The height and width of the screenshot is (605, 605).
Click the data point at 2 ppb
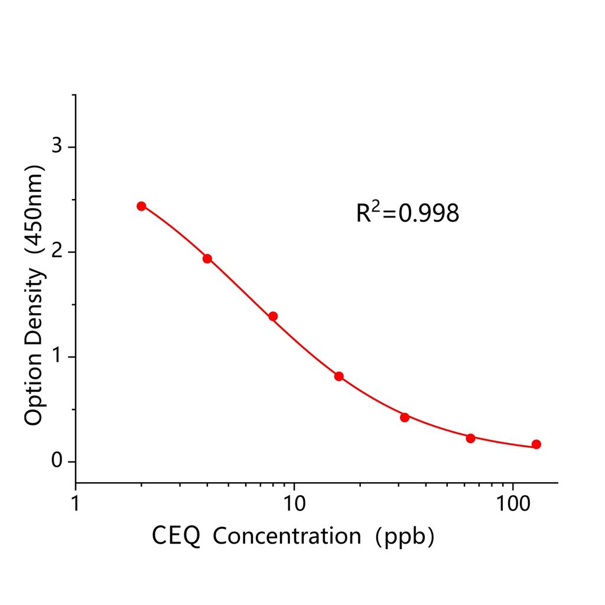[141, 206]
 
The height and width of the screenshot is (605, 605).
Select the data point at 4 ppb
[207, 259]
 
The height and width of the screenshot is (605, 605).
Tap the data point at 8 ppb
[273, 316]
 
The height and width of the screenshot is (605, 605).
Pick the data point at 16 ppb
[339, 376]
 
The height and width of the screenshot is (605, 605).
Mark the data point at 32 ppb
[405, 417]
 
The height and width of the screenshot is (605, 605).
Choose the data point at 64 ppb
[470, 438]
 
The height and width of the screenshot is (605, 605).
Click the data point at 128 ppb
[536, 444]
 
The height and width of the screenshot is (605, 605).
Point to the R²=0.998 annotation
[407, 213]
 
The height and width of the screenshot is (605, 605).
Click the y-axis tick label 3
[57, 147]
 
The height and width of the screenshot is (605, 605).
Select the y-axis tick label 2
[57, 252]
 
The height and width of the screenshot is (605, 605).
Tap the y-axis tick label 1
[57, 357]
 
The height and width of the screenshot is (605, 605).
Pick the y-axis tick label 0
[57, 461]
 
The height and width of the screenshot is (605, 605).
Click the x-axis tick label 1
[76, 503]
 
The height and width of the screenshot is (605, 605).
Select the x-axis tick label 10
[294, 503]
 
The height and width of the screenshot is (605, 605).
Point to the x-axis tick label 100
[512, 503]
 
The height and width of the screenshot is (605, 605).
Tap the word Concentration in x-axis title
[287, 536]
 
